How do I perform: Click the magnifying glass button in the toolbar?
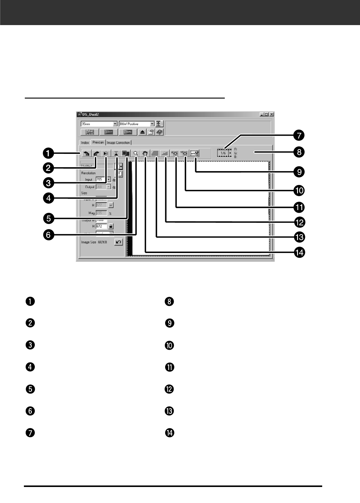[136, 153]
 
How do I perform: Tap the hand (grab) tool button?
[145, 153]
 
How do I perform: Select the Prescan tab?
[98, 142]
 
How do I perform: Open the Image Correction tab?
[118, 143]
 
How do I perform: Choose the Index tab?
[85, 143]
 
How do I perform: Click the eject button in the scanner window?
[142, 132]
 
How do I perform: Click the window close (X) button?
[272, 114]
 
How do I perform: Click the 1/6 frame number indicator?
[223, 153]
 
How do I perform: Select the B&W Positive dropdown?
[136, 124]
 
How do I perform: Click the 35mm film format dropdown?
[99, 124]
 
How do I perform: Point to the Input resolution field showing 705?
[101, 179]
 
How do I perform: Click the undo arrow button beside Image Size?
[118, 242]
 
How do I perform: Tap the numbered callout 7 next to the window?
[299, 135]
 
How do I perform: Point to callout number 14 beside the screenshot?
[299, 252]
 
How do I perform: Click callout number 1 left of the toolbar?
[48, 153]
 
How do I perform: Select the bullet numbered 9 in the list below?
[169, 323]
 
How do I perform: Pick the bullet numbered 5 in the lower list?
[31, 389]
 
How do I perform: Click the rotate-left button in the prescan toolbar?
[86, 153]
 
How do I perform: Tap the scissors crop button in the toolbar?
[195, 153]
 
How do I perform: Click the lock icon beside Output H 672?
[111, 226]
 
